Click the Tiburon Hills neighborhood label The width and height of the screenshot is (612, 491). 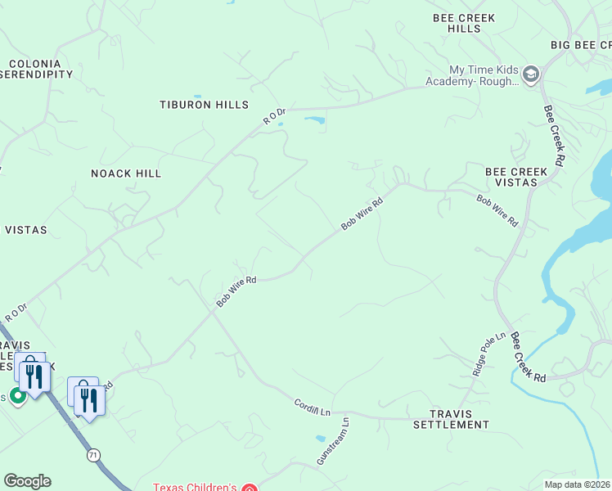pyautogui.click(x=204, y=105)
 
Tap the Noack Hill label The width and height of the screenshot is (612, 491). pyautogui.click(x=126, y=173)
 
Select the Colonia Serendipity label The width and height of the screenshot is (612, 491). pyautogui.click(x=37, y=69)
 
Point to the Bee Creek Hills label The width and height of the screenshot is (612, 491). pyautogui.click(x=464, y=23)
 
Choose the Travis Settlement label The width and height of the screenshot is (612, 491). pyautogui.click(x=451, y=419)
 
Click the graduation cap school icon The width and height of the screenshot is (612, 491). pyautogui.click(x=531, y=75)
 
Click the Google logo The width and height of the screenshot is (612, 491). pyautogui.click(x=27, y=481)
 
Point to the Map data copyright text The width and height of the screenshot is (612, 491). pyautogui.click(x=578, y=484)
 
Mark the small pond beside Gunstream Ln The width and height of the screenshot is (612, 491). pyautogui.click(x=319, y=439)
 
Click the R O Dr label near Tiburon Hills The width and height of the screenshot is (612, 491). pyautogui.click(x=274, y=116)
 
